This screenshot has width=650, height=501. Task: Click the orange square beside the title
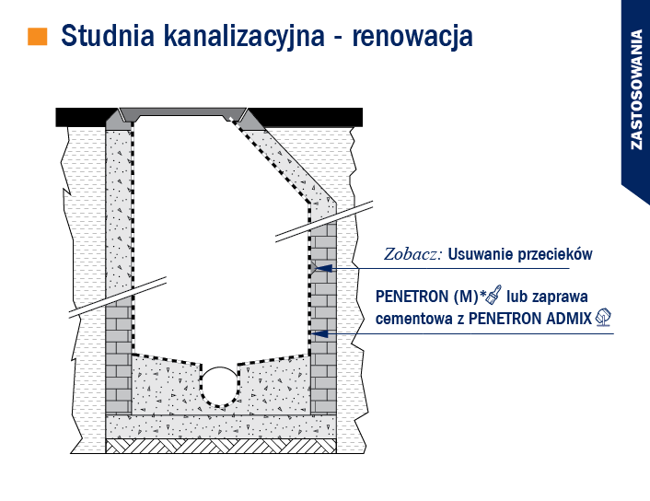38,36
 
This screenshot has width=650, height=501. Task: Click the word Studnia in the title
108,36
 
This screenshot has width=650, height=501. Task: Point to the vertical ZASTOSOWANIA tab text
636,89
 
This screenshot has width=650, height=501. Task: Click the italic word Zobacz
412,254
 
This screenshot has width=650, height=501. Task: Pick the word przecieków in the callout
554,254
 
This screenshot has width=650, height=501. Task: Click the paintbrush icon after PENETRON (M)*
493,295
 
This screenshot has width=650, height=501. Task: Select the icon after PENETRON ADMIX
603,318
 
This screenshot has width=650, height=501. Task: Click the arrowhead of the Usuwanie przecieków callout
323,268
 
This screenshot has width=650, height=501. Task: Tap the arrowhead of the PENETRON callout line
319,333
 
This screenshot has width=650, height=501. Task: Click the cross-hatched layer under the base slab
221,446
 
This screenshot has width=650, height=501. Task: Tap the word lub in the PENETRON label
517,297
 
